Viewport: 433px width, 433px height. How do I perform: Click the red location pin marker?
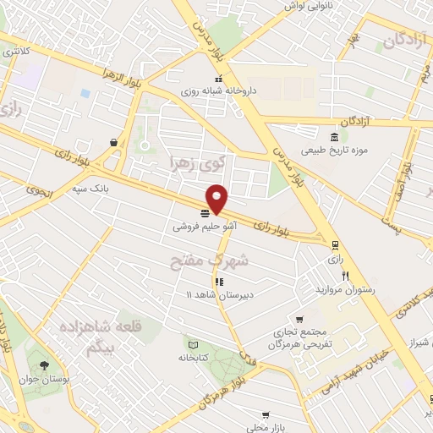click(217, 199)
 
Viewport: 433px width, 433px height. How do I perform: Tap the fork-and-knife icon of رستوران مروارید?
click(345, 276)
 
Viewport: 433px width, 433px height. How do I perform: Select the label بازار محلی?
click(266, 427)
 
